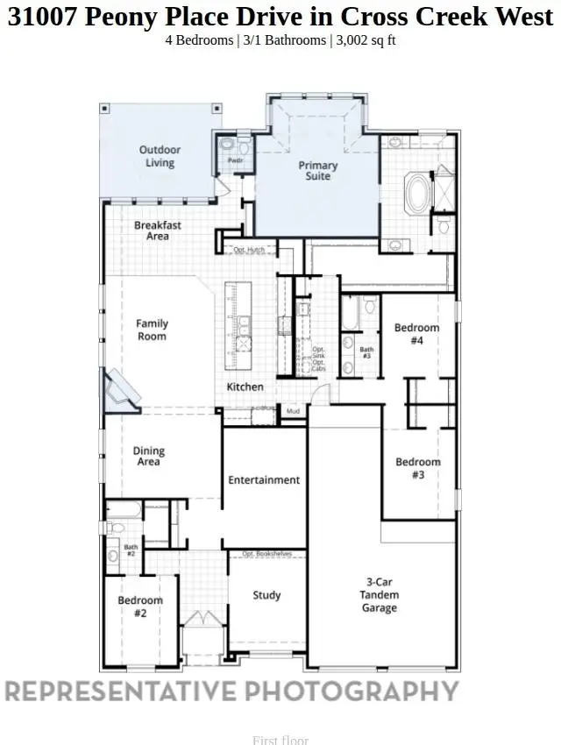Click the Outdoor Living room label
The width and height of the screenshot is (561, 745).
pos(160,156)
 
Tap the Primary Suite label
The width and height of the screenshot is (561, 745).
pos(317,170)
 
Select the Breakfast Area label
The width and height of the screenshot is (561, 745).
pos(158,231)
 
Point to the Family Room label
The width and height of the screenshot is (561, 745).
pos(152,330)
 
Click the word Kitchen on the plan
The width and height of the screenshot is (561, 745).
pos(245,387)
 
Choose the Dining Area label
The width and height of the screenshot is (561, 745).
pos(149,457)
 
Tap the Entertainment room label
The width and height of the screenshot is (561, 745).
pos(264,480)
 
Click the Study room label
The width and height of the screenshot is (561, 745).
pos(266,595)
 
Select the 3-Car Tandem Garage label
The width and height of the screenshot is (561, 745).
pos(380,594)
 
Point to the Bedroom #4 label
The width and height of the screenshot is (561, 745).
pos(416,334)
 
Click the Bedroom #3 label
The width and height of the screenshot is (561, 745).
pos(417,468)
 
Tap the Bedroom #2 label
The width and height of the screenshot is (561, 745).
pos(140,607)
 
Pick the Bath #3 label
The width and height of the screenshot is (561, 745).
pos(366,353)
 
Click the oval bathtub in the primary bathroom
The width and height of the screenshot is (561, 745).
pos(415,192)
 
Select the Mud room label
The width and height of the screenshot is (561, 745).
pos(292,410)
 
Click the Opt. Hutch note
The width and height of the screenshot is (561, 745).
pos(249,251)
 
